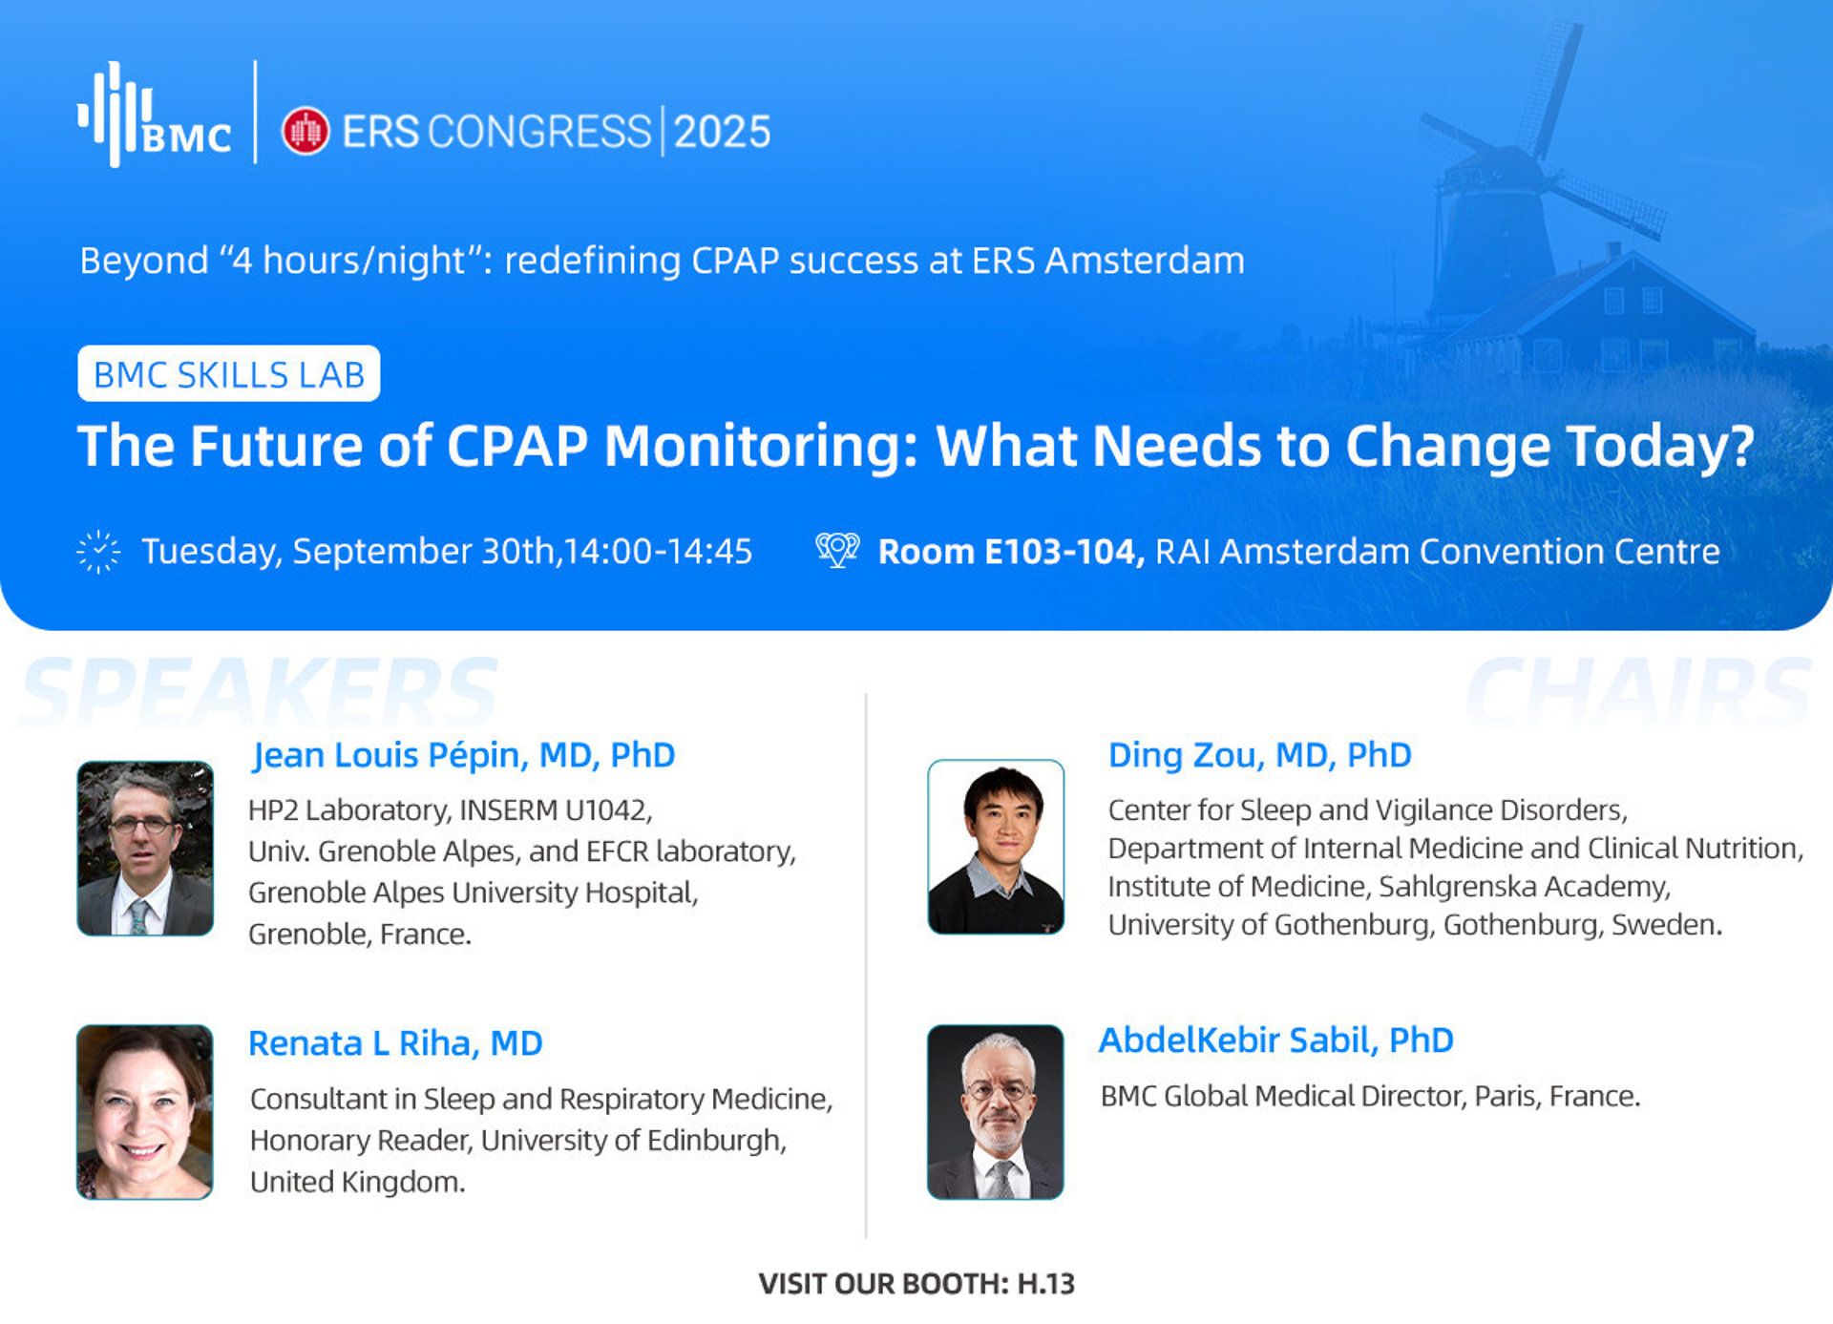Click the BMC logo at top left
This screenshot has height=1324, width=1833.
154,115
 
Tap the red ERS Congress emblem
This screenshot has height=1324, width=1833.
305,132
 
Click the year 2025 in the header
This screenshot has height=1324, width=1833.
722,132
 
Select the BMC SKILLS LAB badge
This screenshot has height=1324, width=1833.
229,373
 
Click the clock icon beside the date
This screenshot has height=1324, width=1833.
98,552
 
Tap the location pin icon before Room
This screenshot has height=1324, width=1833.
837,550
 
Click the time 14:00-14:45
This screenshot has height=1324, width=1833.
658,551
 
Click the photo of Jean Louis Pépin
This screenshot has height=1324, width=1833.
145,848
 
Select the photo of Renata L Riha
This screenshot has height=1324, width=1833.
145,1112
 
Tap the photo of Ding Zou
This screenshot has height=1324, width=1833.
996,847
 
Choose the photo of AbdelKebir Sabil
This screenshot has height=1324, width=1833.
996,1112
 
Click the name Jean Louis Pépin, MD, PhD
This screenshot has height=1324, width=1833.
464,755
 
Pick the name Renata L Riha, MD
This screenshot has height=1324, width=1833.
395,1043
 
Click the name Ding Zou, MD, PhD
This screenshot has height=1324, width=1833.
1259,755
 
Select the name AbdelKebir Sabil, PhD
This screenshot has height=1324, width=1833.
1276,1040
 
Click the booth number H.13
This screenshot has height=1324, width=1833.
1046,1284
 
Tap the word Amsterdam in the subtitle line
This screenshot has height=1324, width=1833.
1146,260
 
